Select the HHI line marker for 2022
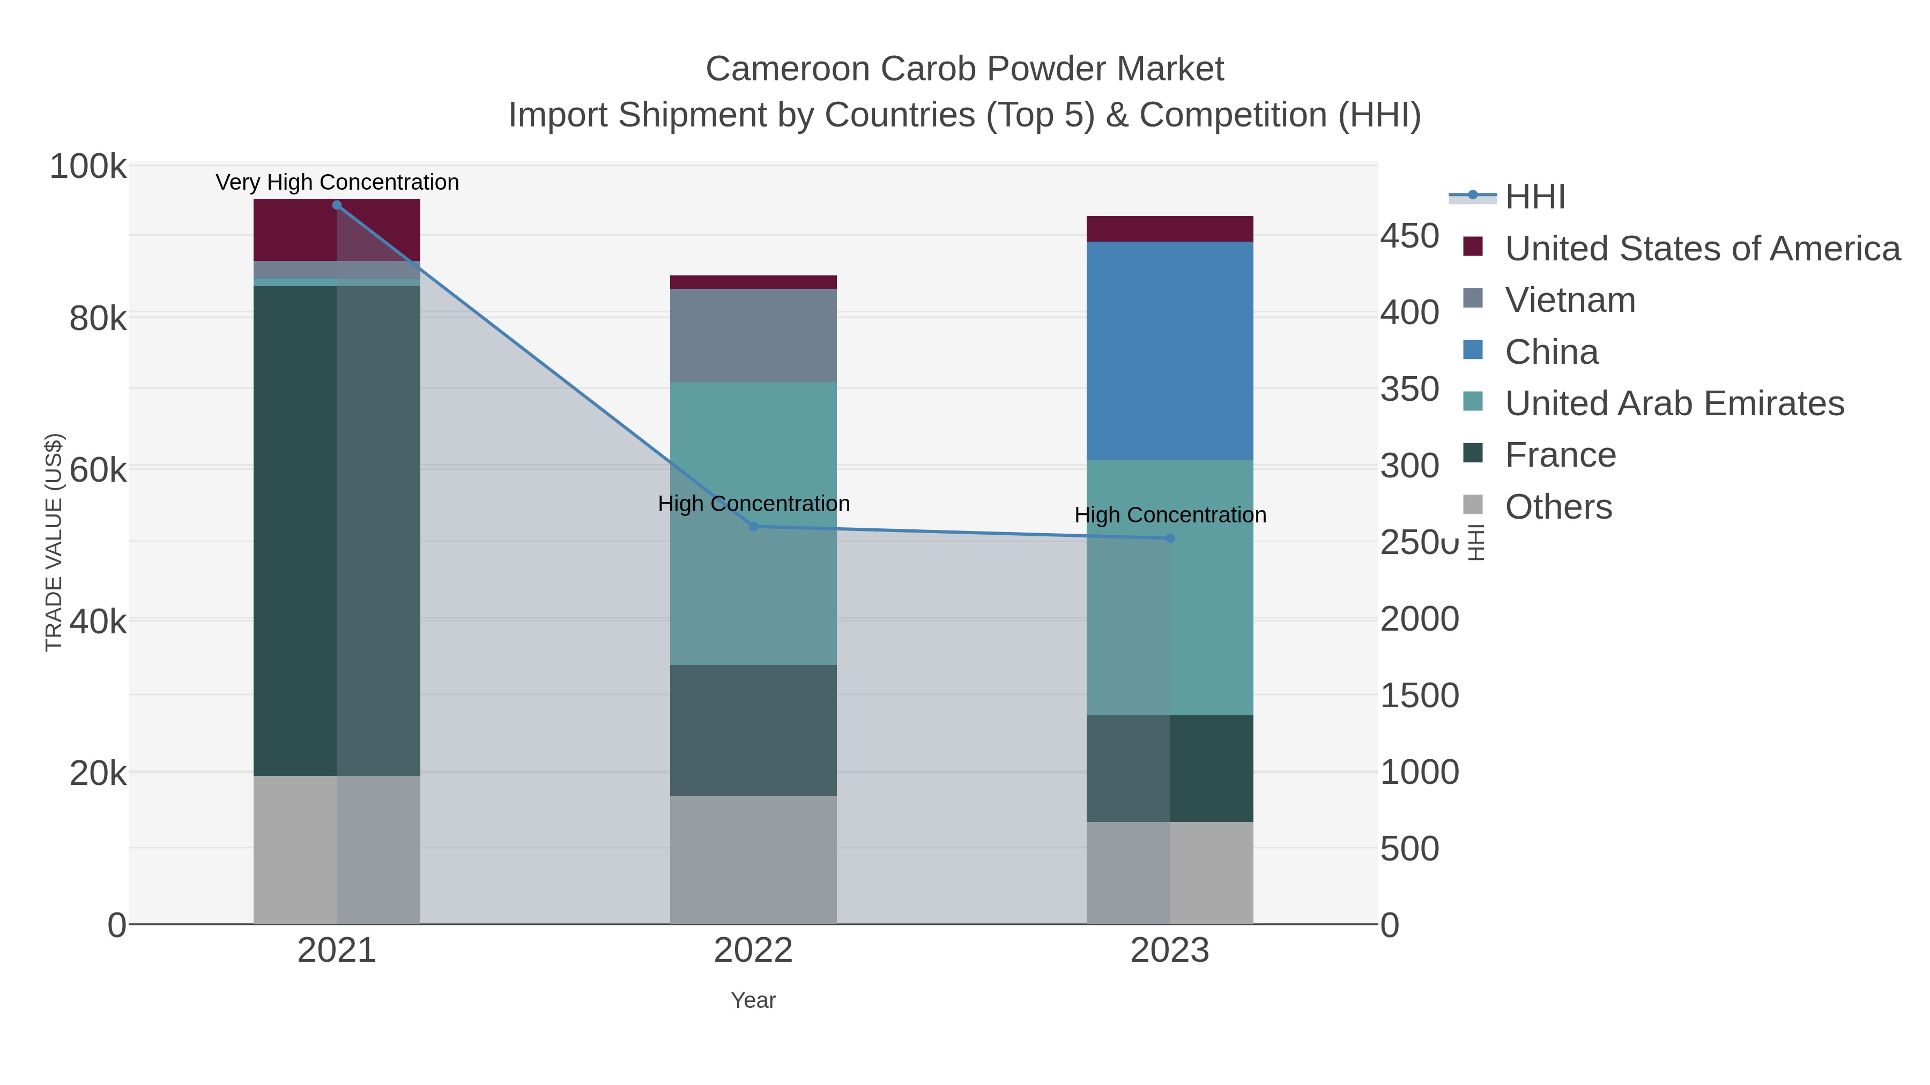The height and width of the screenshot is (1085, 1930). coord(753,526)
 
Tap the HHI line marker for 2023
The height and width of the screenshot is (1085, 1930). coord(1170,538)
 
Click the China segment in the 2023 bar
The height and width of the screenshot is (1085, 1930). coord(1170,350)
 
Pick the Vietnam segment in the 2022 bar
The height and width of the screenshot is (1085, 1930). coord(753,335)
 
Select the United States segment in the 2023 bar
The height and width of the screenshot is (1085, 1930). coord(1170,228)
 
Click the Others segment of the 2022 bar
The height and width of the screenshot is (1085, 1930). coord(753,859)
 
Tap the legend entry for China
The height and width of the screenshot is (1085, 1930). coord(1551,352)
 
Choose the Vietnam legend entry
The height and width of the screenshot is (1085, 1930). coord(1570,300)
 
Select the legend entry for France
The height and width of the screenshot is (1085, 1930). coord(1560,455)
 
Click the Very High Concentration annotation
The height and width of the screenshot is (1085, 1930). coord(337,182)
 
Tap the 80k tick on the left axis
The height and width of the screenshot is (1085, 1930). coord(98,319)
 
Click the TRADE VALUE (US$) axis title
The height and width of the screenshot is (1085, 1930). coord(54,542)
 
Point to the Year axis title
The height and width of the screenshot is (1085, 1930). coord(753,1000)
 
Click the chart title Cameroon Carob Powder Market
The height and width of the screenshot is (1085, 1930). coord(964,69)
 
